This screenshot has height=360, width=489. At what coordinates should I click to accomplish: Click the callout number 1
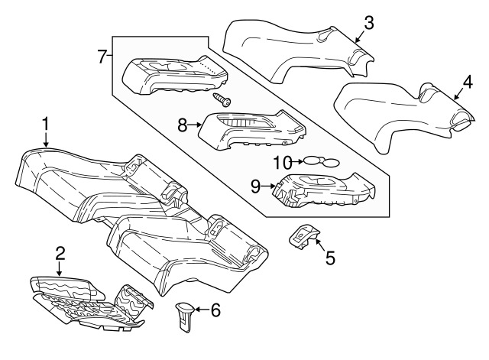coord(46,124)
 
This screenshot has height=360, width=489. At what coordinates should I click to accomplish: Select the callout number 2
coord(60,253)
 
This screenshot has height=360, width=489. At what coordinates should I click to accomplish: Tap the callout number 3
coord(369,23)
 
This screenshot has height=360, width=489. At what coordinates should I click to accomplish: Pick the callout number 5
coord(330,258)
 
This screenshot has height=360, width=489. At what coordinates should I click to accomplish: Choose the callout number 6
coord(215,310)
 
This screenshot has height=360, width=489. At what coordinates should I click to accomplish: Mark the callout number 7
coord(102,57)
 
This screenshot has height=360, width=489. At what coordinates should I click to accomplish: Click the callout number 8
coord(183,125)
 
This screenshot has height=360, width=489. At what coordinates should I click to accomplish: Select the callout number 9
coord(255,186)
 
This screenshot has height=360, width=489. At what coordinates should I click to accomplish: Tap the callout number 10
coord(283,162)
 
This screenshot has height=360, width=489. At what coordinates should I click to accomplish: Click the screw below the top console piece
coord(222,99)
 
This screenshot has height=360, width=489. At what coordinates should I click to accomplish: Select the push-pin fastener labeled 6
coord(185,316)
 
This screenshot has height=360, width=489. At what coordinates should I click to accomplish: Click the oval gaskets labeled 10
coord(321,161)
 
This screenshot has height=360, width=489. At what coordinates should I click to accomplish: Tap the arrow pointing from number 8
coord(195,125)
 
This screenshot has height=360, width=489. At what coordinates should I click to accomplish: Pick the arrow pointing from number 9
coord(268,186)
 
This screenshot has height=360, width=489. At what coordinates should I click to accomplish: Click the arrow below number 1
coord(46,139)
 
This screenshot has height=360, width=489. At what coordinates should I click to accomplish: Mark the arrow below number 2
coord(60,268)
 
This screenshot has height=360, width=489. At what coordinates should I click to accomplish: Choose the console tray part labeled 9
coord(324,190)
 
